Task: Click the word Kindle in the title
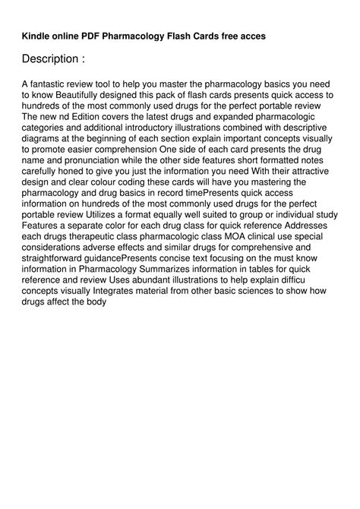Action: click(x=36, y=35)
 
